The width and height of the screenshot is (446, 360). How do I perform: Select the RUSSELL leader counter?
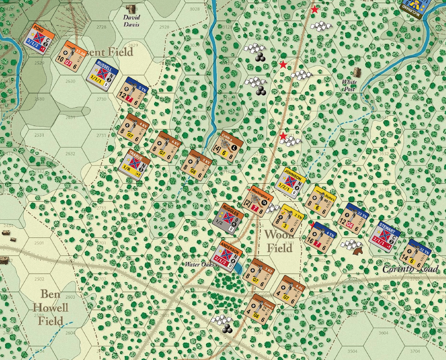pos(102,75)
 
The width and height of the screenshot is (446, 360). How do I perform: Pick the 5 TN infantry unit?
pos(133,93)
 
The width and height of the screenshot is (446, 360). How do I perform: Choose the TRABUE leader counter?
pos(134,164)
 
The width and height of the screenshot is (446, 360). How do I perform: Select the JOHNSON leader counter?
pos(291,183)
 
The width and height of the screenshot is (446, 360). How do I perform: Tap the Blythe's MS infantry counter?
pos(320,201)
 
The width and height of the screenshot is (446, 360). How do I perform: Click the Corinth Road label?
pos(410,269)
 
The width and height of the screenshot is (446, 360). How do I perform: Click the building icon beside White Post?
pos(357,72)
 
